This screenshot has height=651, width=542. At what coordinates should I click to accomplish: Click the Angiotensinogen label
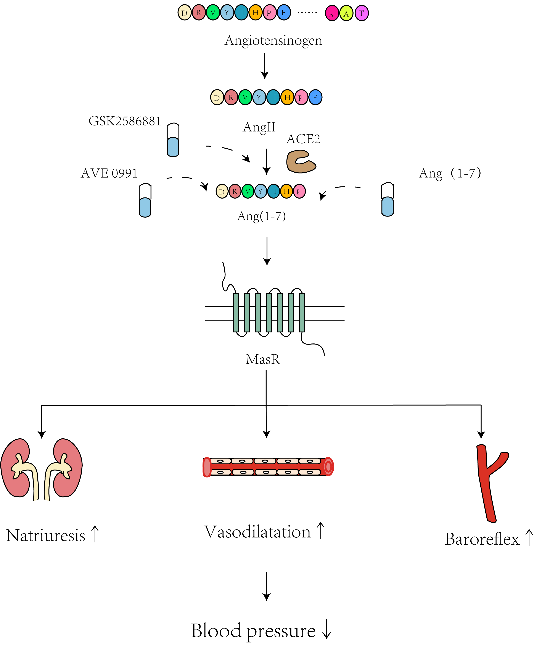click(x=273, y=41)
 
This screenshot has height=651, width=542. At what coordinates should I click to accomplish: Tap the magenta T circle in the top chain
click(x=361, y=13)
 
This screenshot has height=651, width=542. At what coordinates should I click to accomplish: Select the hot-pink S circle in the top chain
click(x=331, y=14)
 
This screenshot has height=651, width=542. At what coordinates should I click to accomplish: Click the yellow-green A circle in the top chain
click(x=346, y=14)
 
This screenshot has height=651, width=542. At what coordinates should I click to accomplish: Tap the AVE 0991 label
click(x=109, y=173)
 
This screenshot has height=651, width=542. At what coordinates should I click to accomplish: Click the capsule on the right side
click(x=387, y=199)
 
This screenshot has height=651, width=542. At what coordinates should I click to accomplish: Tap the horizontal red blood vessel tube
click(x=268, y=467)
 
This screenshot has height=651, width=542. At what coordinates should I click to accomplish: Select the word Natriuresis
click(x=46, y=536)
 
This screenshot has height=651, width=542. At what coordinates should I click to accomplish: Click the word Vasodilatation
click(x=257, y=532)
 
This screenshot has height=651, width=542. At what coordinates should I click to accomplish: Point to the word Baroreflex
click(x=482, y=539)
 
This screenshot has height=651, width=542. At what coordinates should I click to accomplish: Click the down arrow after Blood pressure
click(x=326, y=631)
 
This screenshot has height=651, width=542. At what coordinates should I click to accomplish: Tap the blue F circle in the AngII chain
click(x=315, y=97)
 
